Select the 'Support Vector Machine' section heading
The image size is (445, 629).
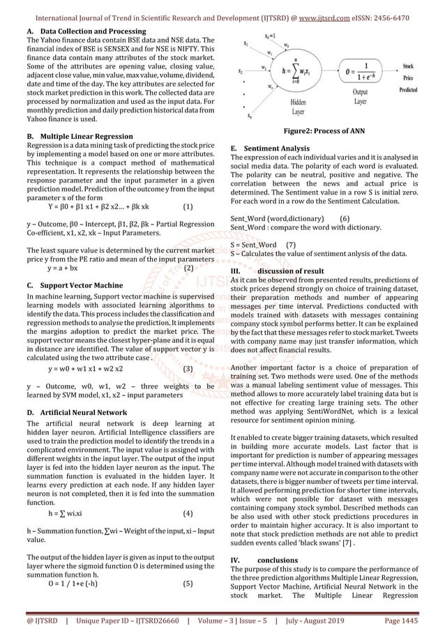point(73,285)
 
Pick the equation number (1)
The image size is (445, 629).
point(188,206)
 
